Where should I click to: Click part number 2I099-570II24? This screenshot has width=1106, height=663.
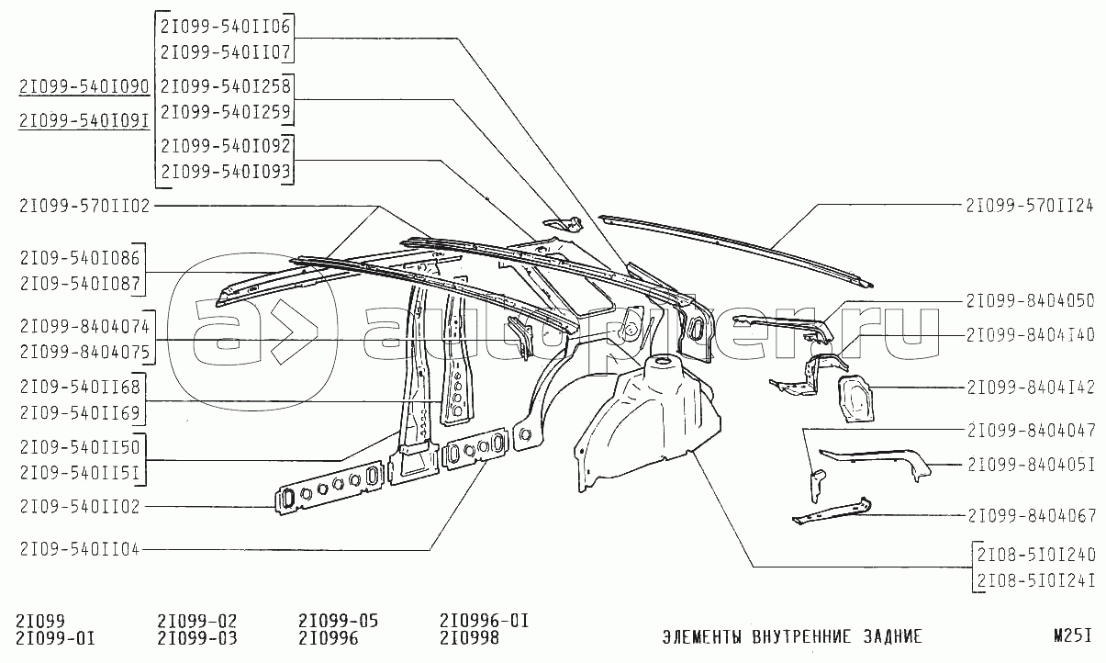(1030, 205)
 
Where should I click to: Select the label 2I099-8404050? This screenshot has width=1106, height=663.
(1030, 300)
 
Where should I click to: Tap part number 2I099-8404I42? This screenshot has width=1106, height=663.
(1030, 387)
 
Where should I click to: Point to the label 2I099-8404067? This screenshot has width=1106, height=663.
(1030, 516)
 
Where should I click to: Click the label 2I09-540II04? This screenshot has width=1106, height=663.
(78, 550)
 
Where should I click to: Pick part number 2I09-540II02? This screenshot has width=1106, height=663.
(78, 506)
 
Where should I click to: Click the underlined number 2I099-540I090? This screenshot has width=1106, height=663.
(84, 86)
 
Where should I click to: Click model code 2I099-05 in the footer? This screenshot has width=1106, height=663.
(339, 621)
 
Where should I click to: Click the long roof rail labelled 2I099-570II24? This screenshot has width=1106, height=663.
(734, 245)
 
